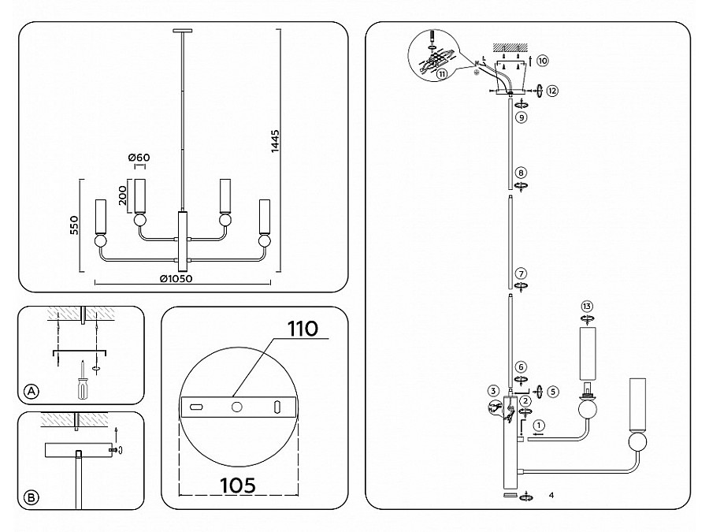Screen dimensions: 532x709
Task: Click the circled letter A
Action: tap(31, 391)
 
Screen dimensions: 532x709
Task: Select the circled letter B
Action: tap(31, 497)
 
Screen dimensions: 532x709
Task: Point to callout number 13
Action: tap(585, 306)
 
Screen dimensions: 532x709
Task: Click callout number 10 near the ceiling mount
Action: tap(544, 60)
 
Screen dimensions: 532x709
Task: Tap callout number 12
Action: tap(553, 91)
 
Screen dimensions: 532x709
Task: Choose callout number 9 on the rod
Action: tap(521, 117)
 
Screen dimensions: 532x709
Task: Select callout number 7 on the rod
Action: tap(521, 273)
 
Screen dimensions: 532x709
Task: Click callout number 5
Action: tap(553, 390)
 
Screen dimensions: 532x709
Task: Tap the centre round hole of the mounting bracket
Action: tap(236, 406)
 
